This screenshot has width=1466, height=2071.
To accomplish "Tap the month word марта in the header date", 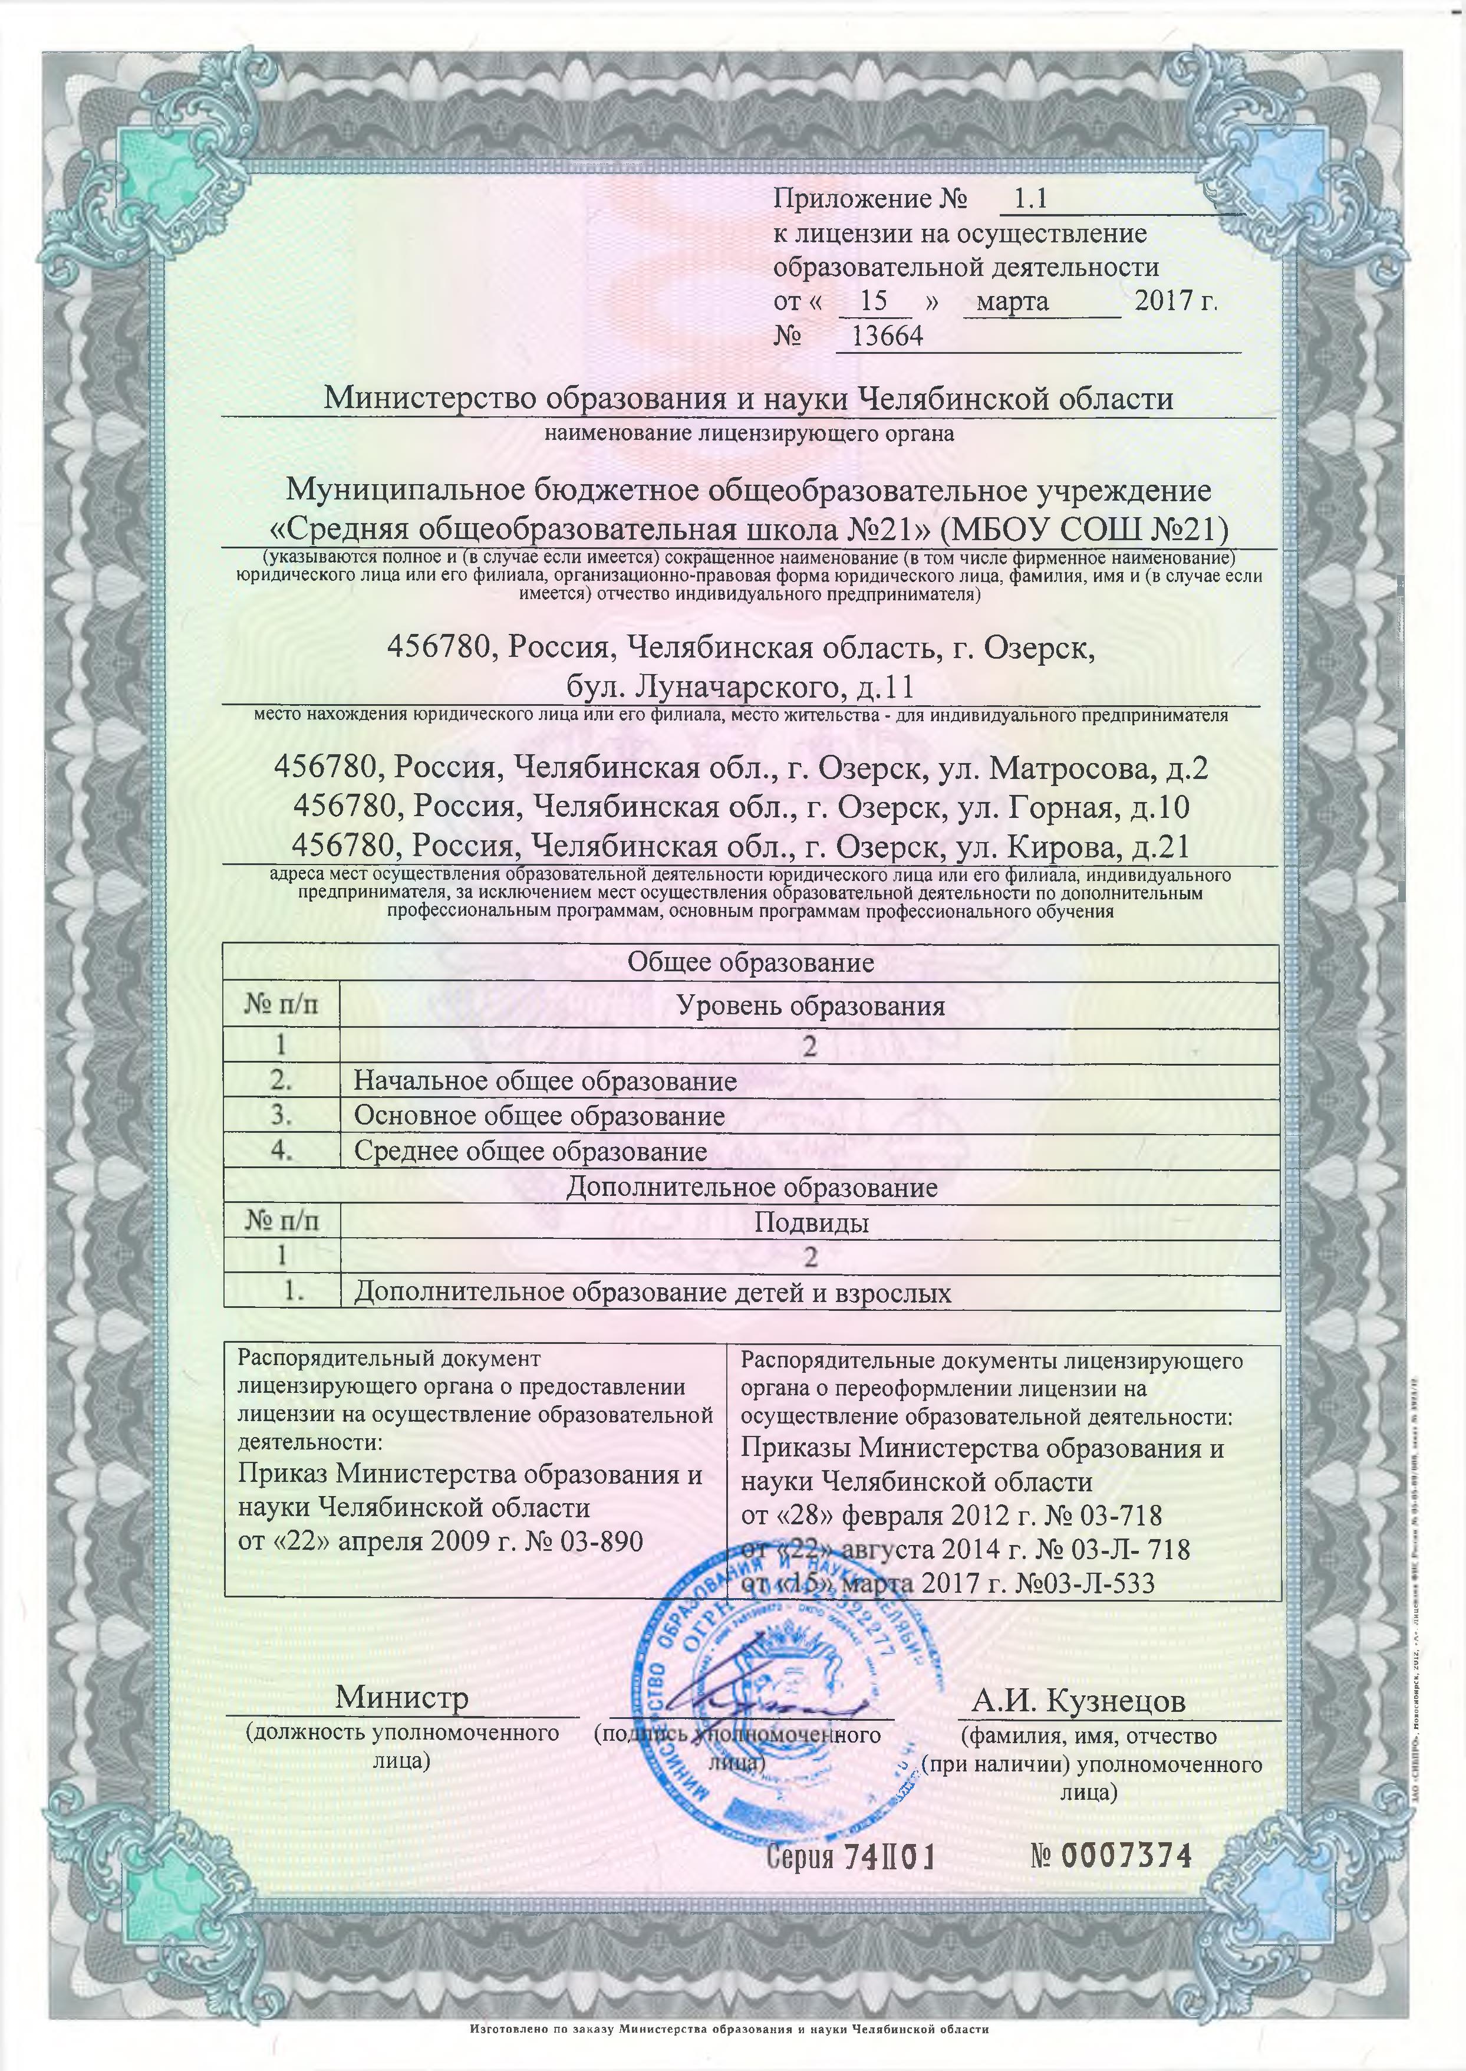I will click(1012, 301).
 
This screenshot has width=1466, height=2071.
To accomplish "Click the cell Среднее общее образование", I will click(530, 1152).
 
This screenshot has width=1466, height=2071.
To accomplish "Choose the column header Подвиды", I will click(811, 1223).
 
